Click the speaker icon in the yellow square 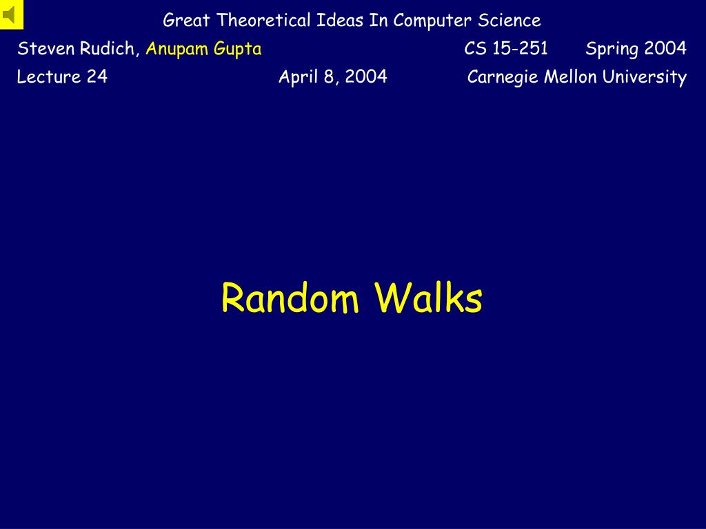click(9, 15)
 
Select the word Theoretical click(263, 20)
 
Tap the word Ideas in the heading click(339, 20)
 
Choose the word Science click(510, 20)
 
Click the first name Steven click(46, 48)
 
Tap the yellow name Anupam click(177, 49)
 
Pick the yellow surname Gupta click(238, 49)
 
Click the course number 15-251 click(520, 48)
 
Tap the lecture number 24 click(97, 76)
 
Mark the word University click(645, 77)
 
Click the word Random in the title click(290, 298)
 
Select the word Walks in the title click(428, 297)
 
